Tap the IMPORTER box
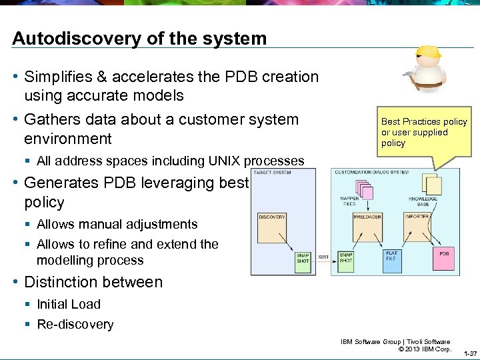point(417,227)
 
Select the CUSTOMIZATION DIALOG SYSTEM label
point(371,172)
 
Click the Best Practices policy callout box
point(423,132)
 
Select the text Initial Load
point(68,304)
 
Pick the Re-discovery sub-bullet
point(75,324)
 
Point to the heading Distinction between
point(93,282)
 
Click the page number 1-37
point(469,353)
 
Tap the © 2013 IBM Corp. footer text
point(424,349)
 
